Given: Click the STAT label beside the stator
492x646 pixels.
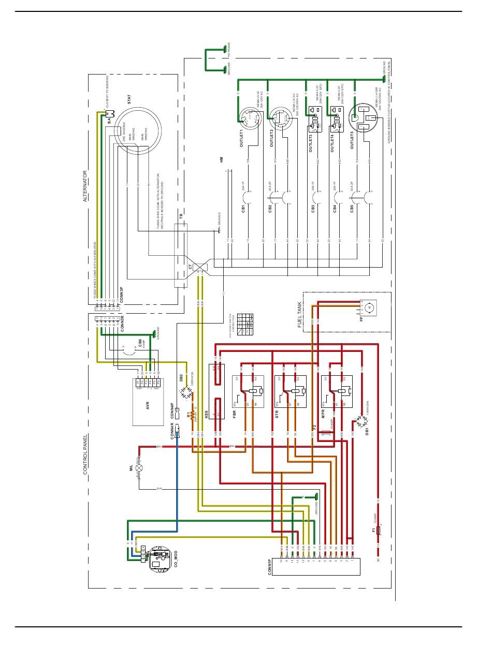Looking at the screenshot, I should coord(128,99).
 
